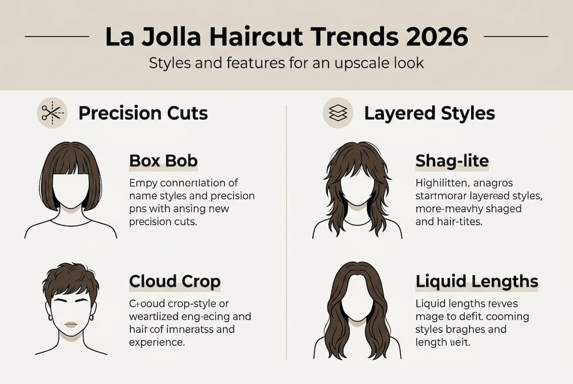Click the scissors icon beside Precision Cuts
point(52,113)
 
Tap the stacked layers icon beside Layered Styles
point(338,113)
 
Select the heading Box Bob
point(163,161)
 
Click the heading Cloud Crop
point(175,281)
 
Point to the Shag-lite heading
point(452,161)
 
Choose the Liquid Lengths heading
point(476,281)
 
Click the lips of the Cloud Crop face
point(72,325)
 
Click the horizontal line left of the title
point(57,36)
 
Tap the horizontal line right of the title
point(516,36)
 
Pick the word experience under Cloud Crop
point(158,342)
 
